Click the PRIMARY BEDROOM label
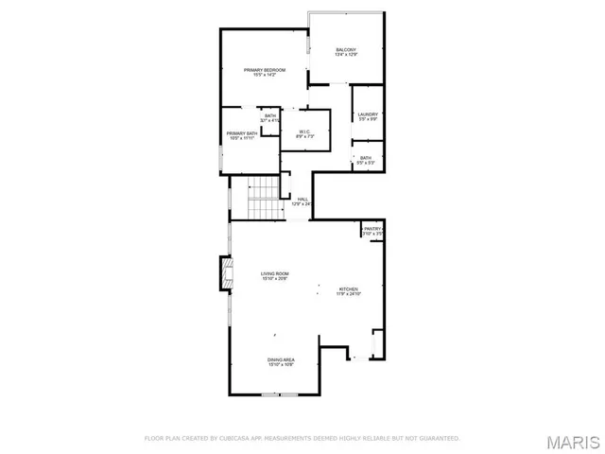(265, 70)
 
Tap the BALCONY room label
(346, 49)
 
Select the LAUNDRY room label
(367, 114)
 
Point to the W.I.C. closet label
(305, 131)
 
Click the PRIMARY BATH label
(241, 133)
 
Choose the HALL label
(302, 199)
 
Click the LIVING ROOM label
(275, 273)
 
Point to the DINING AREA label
(282, 360)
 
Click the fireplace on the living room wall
(226, 274)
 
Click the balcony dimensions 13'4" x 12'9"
(346, 55)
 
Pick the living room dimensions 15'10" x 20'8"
(275, 279)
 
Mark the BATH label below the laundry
(366, 158)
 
